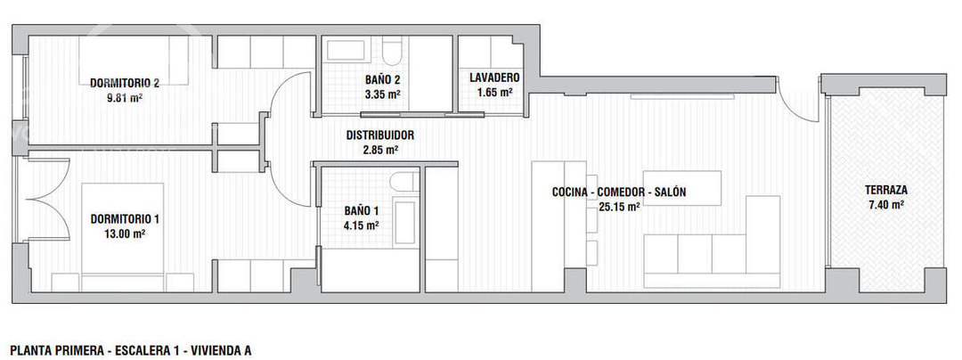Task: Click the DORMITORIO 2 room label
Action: point(125,83)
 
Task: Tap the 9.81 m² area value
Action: point(125,98)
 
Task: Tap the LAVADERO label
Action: point(494,77)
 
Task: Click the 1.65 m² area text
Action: point(494,92)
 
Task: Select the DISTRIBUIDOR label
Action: point(380,135)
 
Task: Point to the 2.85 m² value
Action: point(380,151)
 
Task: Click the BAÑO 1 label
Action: point(362,211)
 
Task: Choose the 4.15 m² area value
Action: point(362,226)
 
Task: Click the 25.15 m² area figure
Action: point(620,207)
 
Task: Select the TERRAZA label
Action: point(885,190)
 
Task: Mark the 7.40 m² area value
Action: point(885,205)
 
